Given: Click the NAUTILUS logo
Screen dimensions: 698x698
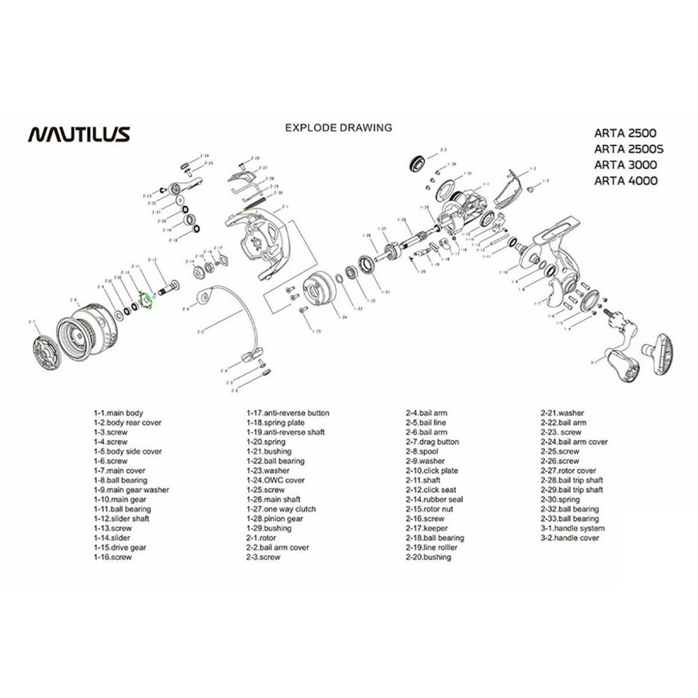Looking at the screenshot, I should pyautogui.click(x=78, y=133).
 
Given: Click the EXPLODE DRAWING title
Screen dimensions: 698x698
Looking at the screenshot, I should pyautogui.click(x=339, y=128).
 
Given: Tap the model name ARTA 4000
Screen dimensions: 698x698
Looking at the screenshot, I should pyautogui.click(x=625, y=180).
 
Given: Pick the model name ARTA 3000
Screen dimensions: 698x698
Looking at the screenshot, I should pyautogui.click(x=625, y=164).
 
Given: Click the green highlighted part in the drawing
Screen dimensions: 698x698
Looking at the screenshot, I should pyautogui.click(x=146, y=301).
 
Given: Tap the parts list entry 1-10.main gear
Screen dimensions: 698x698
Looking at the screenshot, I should pyautogui.click(x=120, y=500).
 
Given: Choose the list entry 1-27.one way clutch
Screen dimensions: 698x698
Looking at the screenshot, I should pyautogui.click(x=281, y=510).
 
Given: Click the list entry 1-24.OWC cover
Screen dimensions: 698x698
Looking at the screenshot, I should pyautogui.click(x=275, y=480).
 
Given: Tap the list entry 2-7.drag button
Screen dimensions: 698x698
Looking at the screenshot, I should pyautogui.click(x=432, y=442).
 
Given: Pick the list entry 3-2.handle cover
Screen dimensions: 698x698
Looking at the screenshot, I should pyautogui.click(x=570, y=538).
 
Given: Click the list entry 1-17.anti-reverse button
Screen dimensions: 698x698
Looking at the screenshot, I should pyautogui.click(x=287, y=413).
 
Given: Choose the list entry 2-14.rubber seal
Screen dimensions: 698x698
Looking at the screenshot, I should pyautogui.click(x=433, y=500).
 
